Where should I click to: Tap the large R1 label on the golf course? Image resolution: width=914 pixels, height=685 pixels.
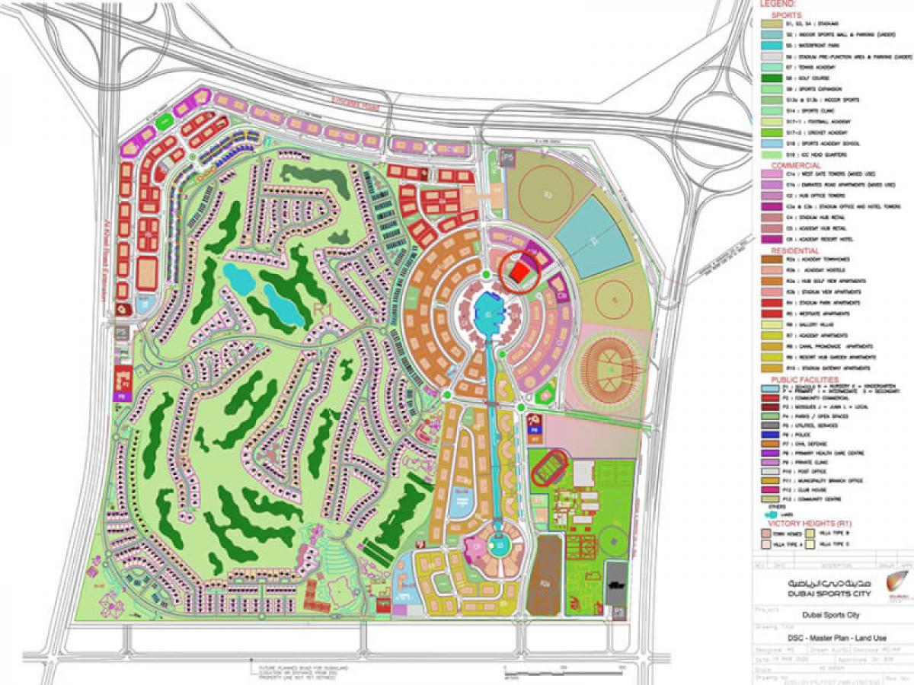pos(321,307)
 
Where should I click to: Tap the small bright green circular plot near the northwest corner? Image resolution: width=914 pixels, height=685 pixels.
pos(164,121)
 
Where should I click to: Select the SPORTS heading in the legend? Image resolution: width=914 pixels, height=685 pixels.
pos(787,14)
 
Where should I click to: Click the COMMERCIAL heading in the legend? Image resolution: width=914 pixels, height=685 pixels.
pos(796,165)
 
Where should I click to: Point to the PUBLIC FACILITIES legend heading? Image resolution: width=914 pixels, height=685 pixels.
pos(804,379)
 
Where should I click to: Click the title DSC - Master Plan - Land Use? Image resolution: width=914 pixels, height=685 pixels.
pos(823,639)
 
